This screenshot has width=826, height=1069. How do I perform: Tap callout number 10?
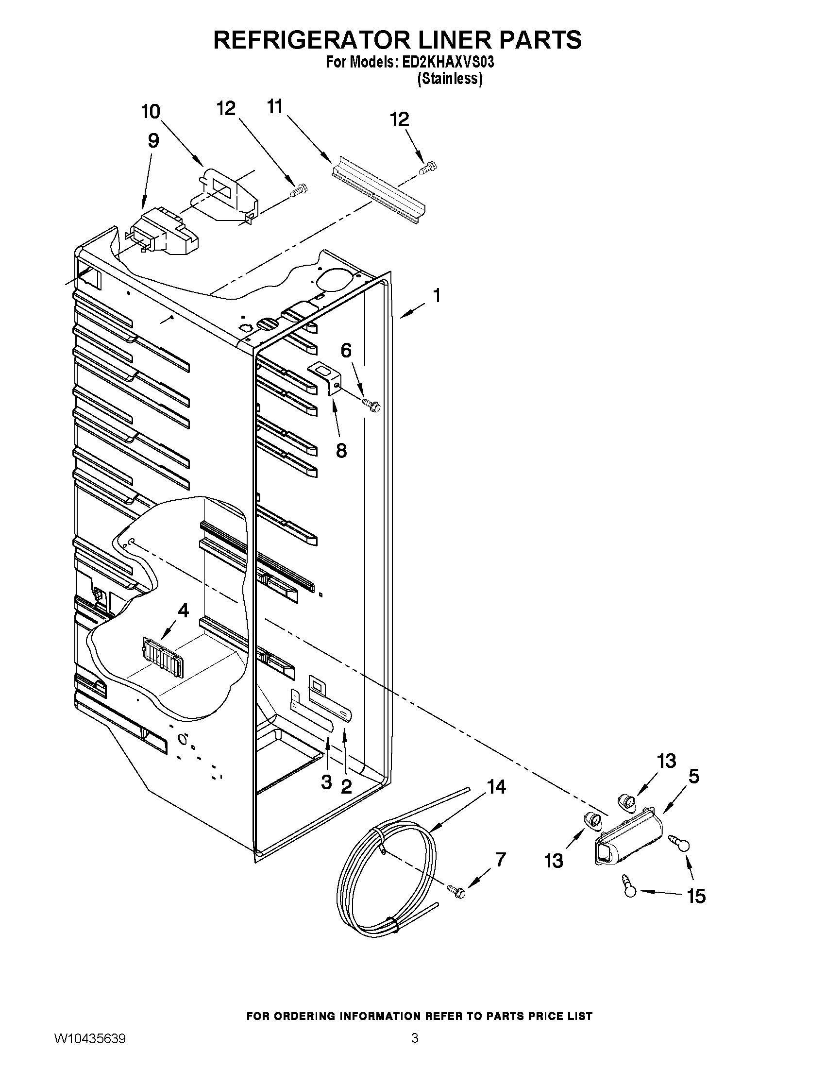coord(151,112)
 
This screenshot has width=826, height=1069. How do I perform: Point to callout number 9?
coord(153,141)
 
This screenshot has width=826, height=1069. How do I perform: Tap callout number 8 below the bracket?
coord(341,450)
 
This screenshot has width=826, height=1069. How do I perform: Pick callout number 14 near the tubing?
coord(496,787)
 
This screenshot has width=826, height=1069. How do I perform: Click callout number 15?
coord(696,896)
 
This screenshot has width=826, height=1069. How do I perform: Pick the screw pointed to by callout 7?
coord(456,891)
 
